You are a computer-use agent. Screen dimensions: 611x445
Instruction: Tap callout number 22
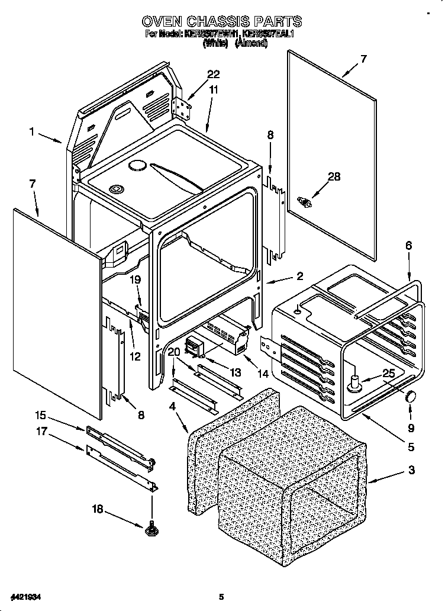pos(213,75)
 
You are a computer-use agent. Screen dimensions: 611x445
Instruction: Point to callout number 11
pos(214,90)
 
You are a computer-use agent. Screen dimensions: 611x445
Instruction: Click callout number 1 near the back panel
pos(32,133)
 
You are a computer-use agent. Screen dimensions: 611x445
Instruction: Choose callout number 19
pos(136,281)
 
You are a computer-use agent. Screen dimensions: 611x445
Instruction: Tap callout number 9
pos(411,427)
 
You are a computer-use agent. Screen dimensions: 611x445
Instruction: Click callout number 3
pos(411,471)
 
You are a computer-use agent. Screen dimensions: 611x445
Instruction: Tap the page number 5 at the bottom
pos(221,597)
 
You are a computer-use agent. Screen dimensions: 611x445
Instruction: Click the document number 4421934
pos(25,597)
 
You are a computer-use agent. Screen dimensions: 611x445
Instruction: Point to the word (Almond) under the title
pos(251,43)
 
